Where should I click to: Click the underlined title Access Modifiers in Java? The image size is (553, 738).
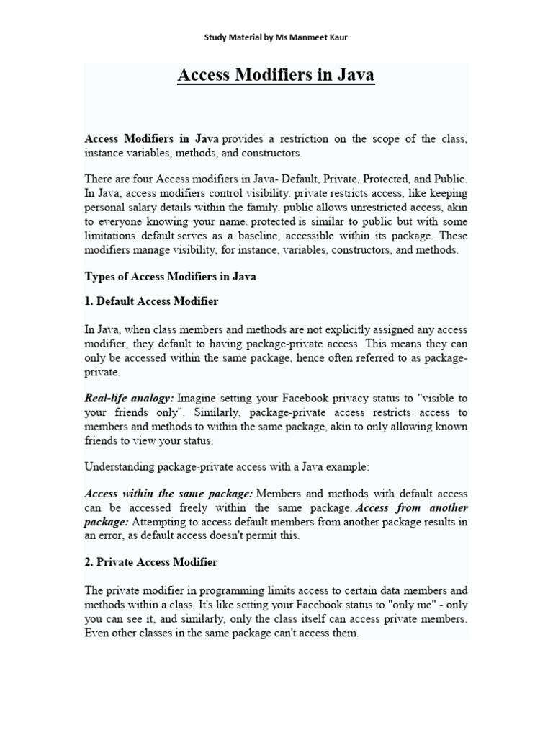(x=276, y=76)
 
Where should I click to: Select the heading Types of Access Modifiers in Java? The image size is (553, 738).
(x=171, y=276)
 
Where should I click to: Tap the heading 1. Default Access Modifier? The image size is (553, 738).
(x=151, y=301)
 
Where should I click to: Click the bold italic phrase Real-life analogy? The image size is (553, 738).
(x=130, y=397)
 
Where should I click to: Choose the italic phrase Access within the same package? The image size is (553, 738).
(x=168, y=494)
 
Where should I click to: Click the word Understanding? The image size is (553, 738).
(x=119, y=466)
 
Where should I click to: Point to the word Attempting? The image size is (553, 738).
(x=161, y=521)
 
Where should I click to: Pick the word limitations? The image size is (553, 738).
(x=112, y=236)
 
